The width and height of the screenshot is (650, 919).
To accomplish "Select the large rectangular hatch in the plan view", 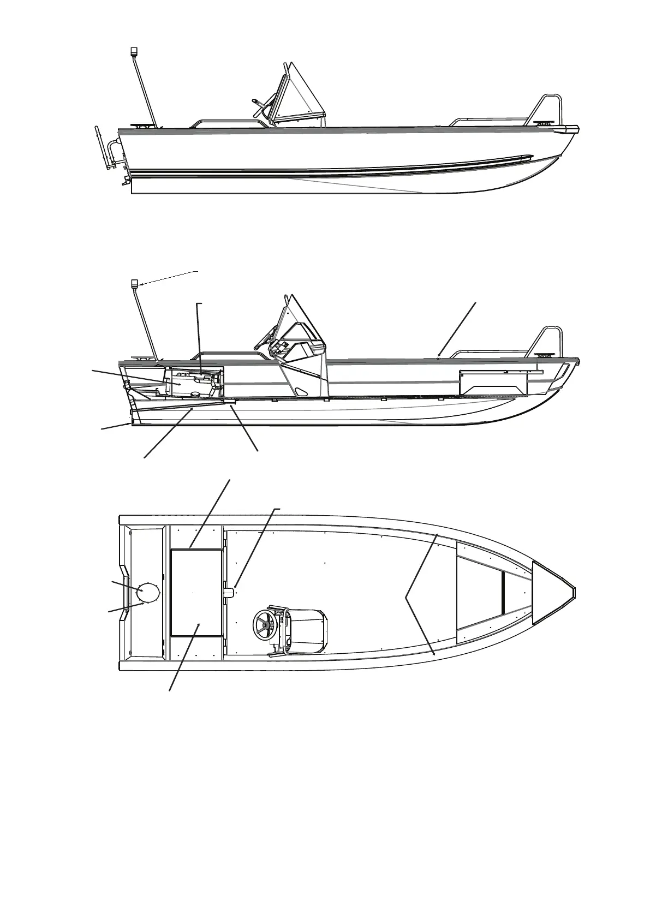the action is tap(196, 593).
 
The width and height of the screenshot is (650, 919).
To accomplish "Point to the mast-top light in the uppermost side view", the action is tap(133, 52).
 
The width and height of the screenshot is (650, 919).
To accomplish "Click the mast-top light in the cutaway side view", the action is tap(133, 283).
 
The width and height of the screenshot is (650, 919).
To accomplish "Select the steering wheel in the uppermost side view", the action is tap(261, 105).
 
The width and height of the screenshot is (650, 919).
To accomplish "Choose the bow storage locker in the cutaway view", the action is tap(494, 382).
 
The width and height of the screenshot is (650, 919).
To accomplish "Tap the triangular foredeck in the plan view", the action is tap(548, 590).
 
